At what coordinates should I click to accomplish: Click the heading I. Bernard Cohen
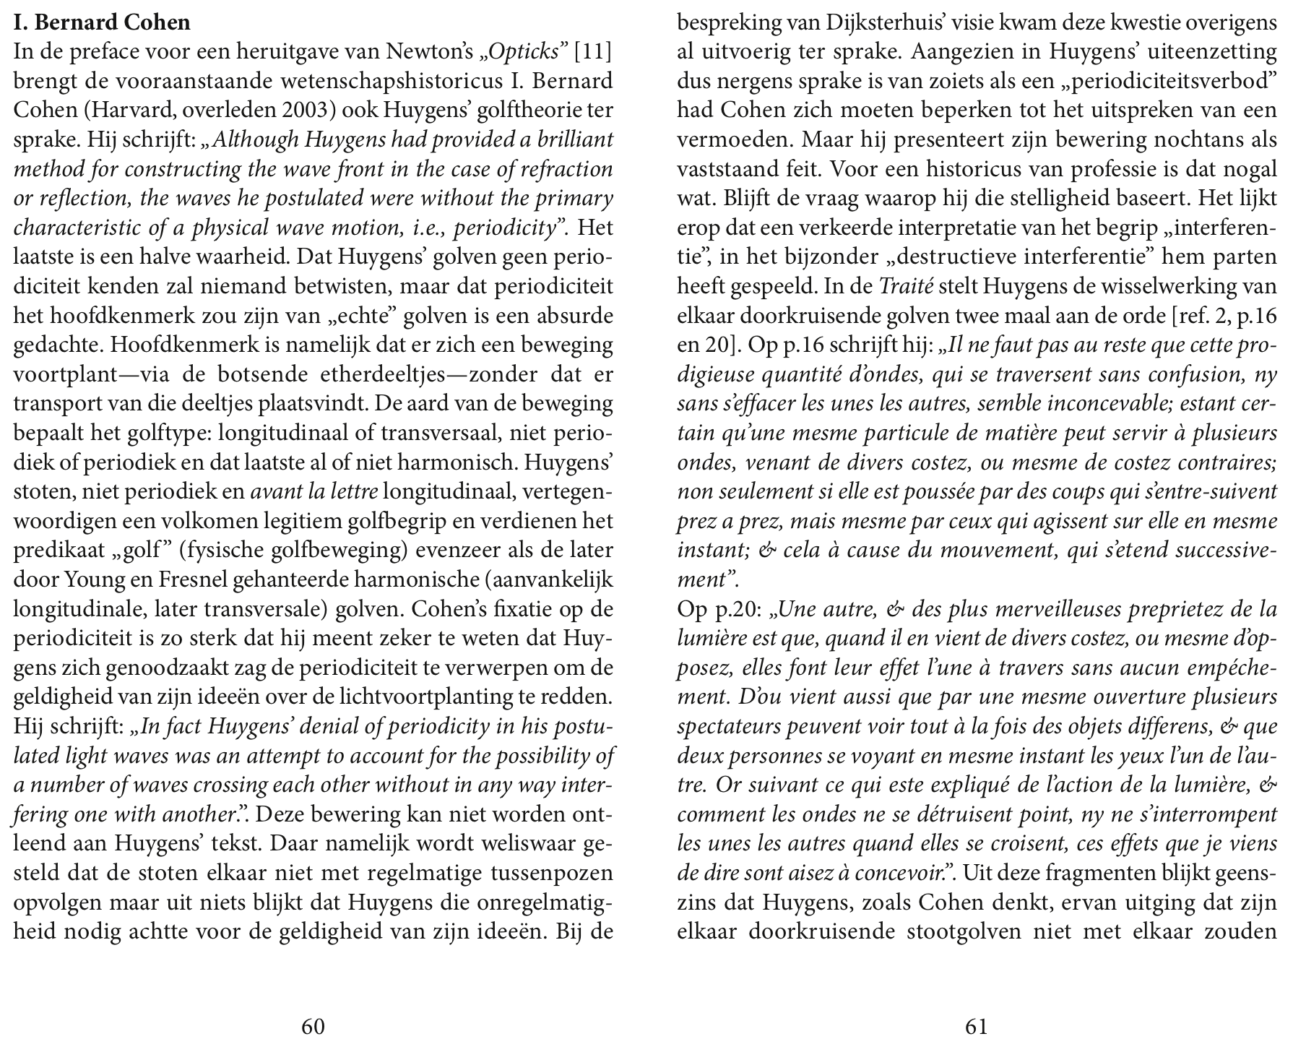pos(102,22)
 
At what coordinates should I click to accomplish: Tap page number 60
pos(312,1027)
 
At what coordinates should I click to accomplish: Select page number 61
pos(976,1027)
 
